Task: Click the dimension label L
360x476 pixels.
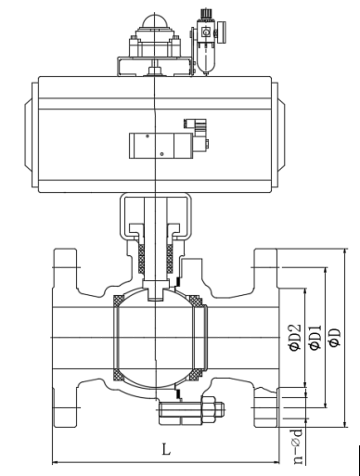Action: (166, 449)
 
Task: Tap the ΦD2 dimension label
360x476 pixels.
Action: (294, 337)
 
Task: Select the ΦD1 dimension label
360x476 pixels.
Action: (315, 338)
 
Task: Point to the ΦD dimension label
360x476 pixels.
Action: (335, 338)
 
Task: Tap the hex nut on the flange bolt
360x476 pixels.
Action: (209, 410)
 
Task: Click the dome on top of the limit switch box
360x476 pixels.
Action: (154, 20)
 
